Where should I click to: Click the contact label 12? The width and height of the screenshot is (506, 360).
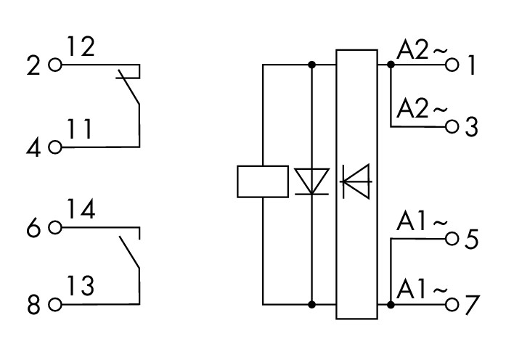81,46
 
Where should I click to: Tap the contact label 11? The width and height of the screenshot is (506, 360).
80,129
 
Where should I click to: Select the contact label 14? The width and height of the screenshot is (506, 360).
81,209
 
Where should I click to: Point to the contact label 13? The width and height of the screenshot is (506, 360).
81,285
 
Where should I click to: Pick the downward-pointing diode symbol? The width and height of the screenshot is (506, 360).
311,181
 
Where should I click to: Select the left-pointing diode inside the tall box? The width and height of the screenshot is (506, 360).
356,181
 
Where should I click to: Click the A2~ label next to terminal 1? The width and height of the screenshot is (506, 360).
422,50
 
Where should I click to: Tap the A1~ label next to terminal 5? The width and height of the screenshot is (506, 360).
422,221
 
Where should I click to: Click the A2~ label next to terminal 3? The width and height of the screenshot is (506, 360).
422,109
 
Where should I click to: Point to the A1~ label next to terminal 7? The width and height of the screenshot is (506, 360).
422,290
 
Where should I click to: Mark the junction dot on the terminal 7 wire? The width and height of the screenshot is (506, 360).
391,305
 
